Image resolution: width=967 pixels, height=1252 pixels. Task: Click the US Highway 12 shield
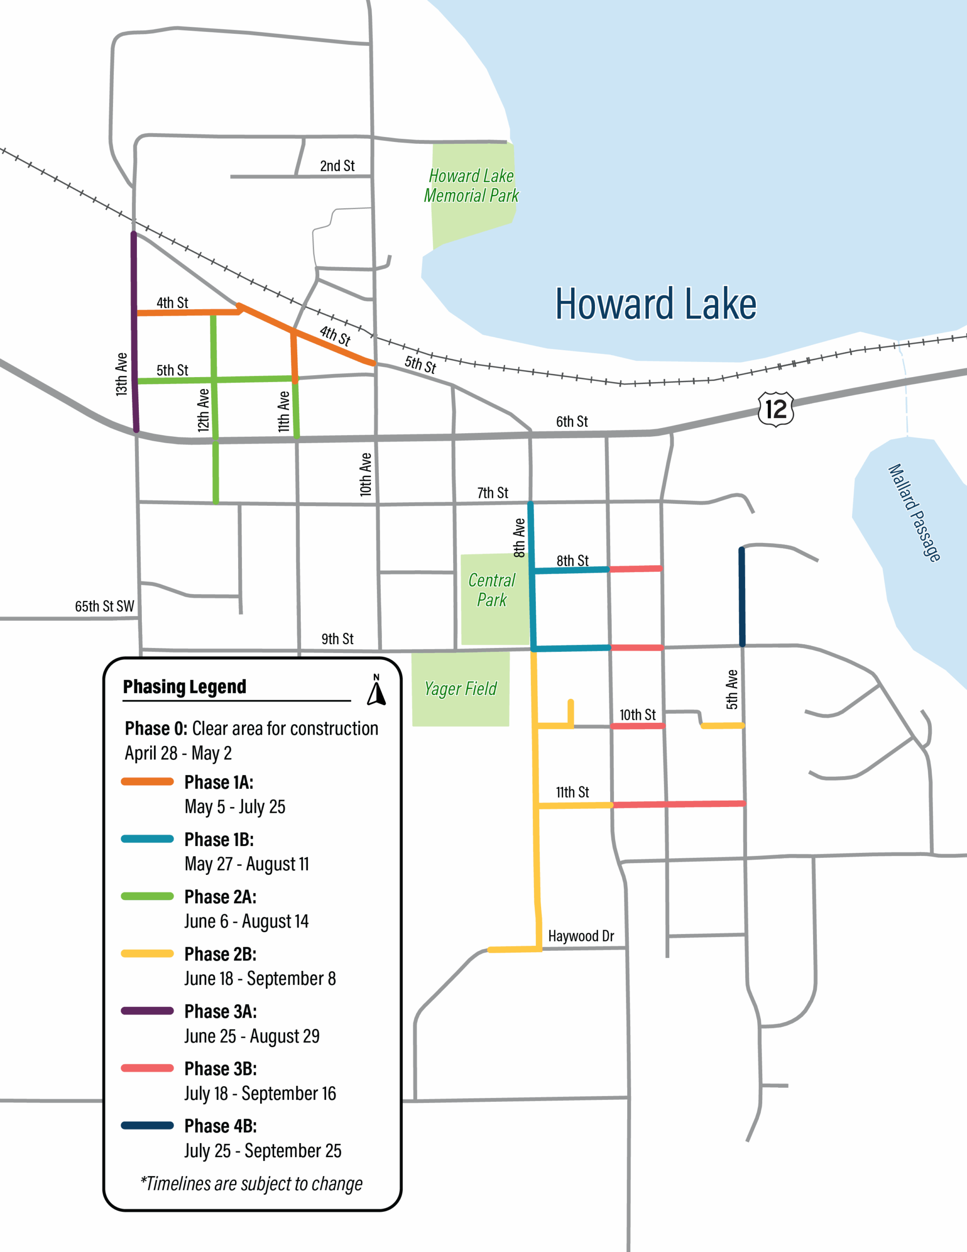[x=775, y=409]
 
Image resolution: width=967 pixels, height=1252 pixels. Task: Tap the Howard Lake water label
[x=655, y=304]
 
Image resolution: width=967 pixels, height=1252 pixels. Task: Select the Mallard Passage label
[x=914, y=513]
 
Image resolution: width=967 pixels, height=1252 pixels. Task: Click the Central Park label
[x=492, y=590]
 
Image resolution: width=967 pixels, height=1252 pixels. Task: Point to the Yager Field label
[x=461, y=689]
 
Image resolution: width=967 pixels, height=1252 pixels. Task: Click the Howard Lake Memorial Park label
[x=471, y=185]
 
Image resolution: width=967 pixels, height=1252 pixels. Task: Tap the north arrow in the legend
[x=376, y=690]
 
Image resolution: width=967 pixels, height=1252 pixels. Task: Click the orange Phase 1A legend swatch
[x=147, y=782]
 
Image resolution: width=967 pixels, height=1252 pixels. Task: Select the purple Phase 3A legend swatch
[x=147, y=1011]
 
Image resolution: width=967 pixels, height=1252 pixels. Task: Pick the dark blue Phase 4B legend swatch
[x=147, y=1125]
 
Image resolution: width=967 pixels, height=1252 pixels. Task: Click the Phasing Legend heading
[x=185, y=686]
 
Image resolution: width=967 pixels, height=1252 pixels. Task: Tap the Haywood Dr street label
[x=581, y=936]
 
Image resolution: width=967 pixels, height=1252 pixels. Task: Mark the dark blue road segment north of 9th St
[x=742, y=596]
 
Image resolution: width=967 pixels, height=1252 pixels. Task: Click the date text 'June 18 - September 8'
[x=260, y=979]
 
